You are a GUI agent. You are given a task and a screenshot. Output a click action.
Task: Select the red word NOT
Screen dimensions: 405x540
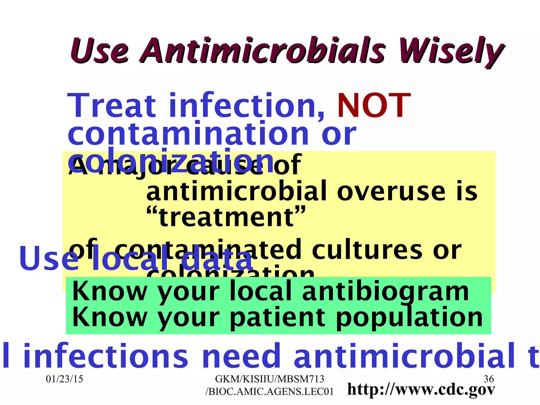(374, 105)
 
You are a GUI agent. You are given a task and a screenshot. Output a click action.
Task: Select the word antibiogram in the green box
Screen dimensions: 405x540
(385, 291)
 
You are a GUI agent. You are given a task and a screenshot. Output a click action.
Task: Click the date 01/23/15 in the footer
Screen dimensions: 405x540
(64, 379)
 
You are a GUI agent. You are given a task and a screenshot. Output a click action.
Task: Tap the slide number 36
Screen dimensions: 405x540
(489, 379)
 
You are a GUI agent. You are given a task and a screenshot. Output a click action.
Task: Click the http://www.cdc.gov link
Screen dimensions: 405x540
(421, 390)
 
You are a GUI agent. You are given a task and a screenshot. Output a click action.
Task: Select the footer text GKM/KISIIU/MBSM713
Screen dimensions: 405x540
(269, 379)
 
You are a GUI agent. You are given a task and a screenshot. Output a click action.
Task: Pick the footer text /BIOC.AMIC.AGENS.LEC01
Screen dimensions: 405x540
(269, 392)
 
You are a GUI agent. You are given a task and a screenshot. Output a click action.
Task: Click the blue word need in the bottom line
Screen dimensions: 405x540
(241, 356)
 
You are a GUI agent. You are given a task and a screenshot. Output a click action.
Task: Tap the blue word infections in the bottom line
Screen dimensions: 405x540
(105, 356)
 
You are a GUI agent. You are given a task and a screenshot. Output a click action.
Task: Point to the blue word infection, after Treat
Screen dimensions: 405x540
(247, 105)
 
